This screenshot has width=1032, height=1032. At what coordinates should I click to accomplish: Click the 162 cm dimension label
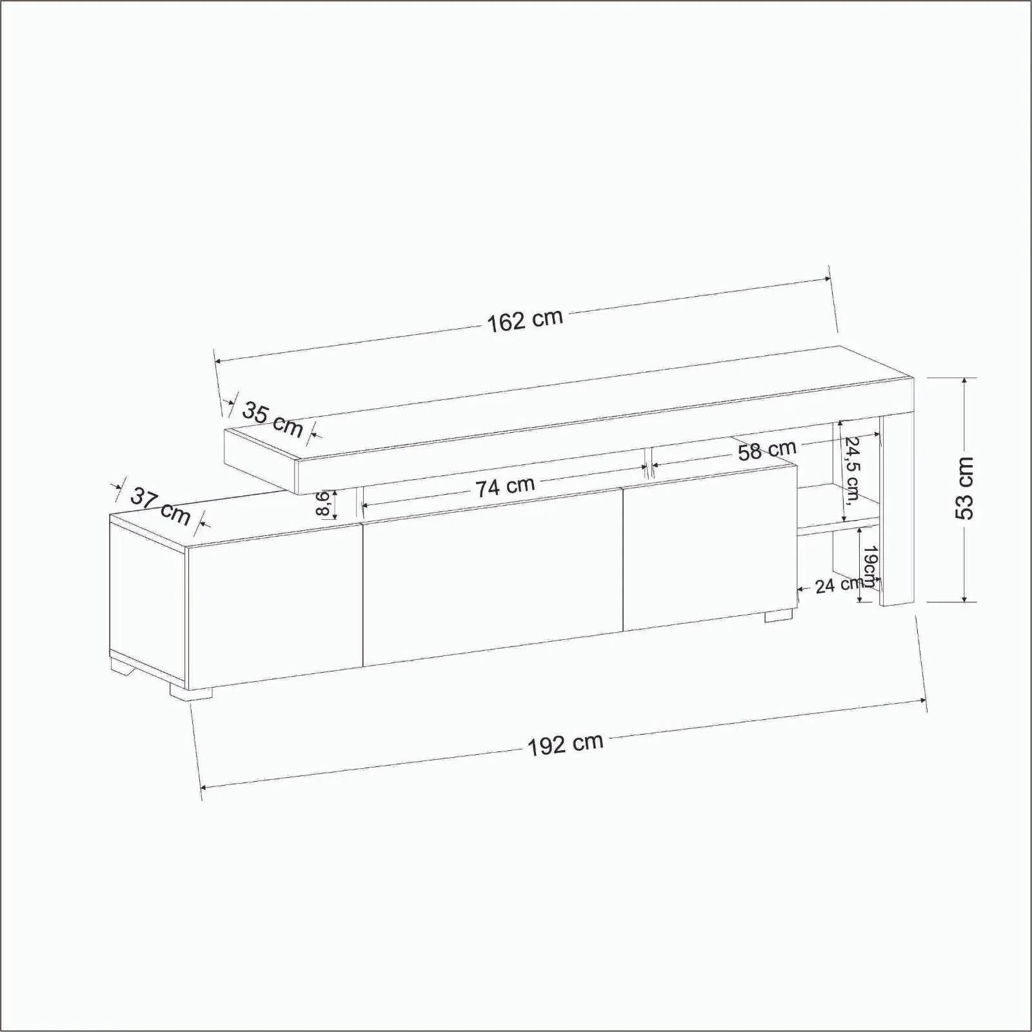(524, 321)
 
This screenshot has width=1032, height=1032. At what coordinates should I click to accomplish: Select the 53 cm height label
(965, 488)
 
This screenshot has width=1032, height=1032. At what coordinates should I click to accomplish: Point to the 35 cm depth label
(272, 419)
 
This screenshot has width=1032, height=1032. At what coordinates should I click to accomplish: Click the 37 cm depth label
(161, 506)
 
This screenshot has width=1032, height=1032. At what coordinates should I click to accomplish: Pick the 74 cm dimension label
(506, 486)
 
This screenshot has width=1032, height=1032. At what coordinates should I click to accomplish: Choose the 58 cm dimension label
(768, 450)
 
